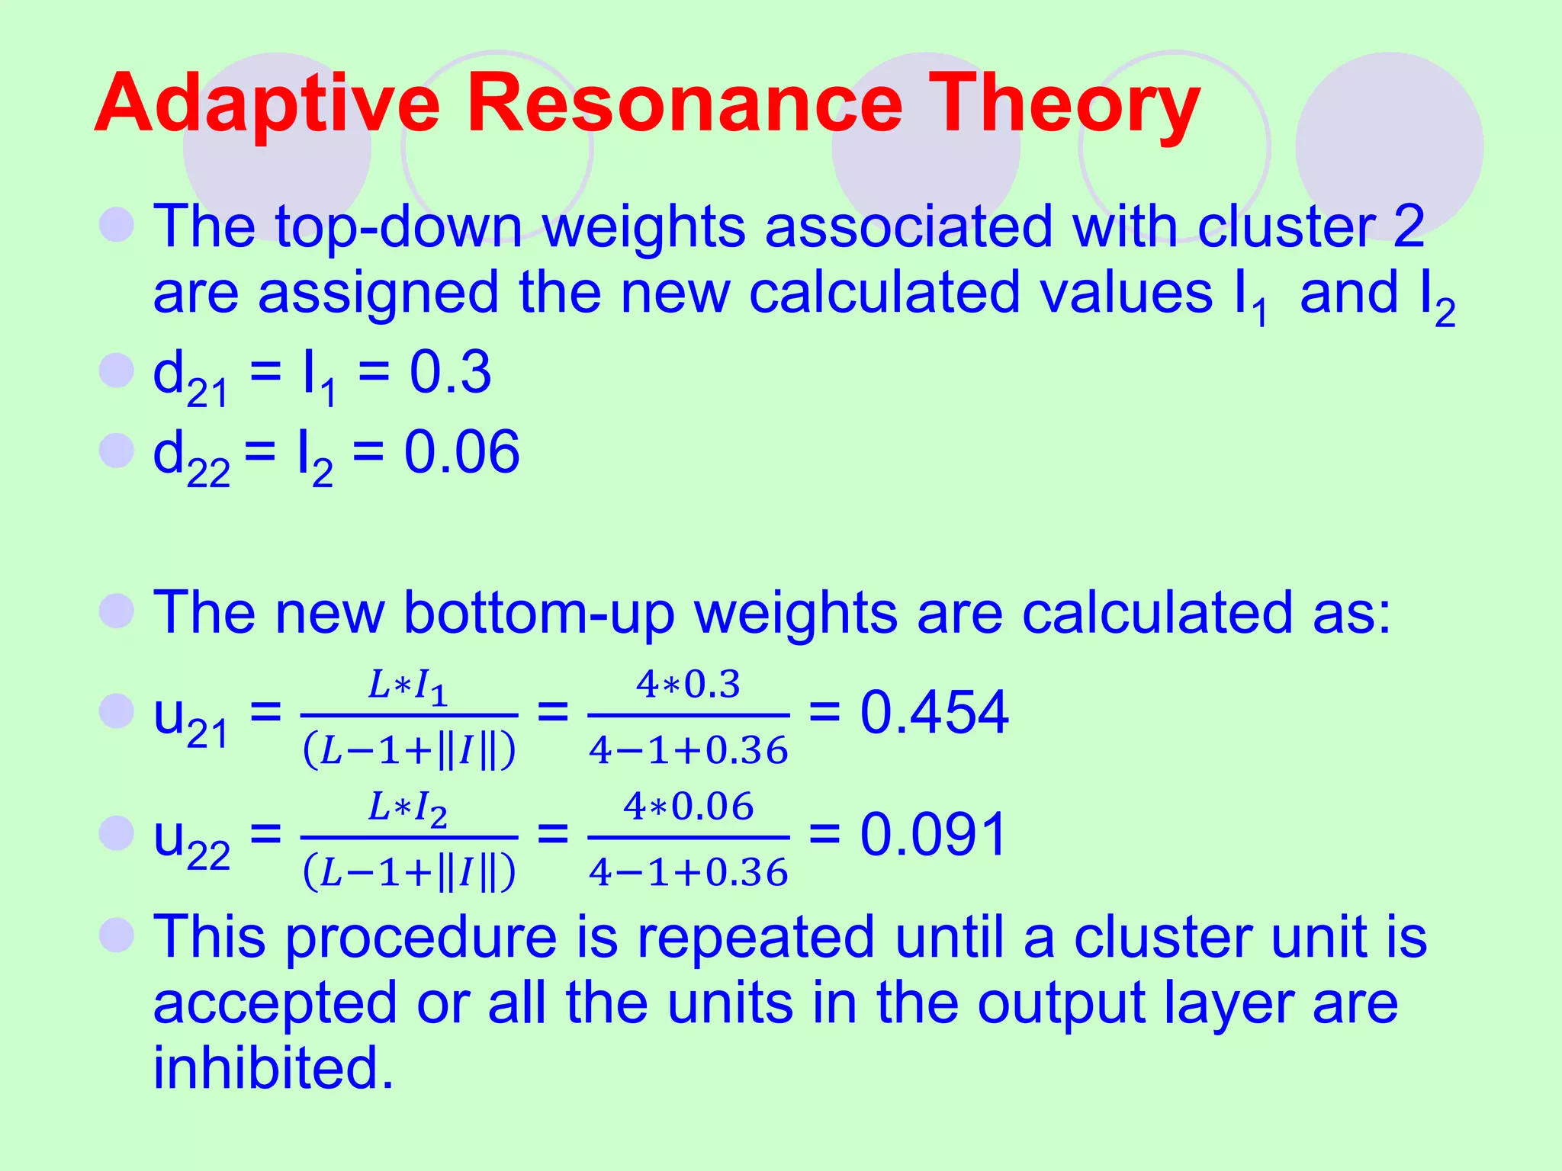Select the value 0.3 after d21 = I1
tap(450, 373)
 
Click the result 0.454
tap(934, 712)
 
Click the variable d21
tap(191, 377)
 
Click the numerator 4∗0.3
tap(688, 684)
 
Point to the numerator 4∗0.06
tap(688, 807)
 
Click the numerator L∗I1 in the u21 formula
tap(408, 685)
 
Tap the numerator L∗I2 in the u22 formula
tap(408, 807)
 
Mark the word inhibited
tap(273, 1067)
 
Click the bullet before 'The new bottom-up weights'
tap(117, 611)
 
